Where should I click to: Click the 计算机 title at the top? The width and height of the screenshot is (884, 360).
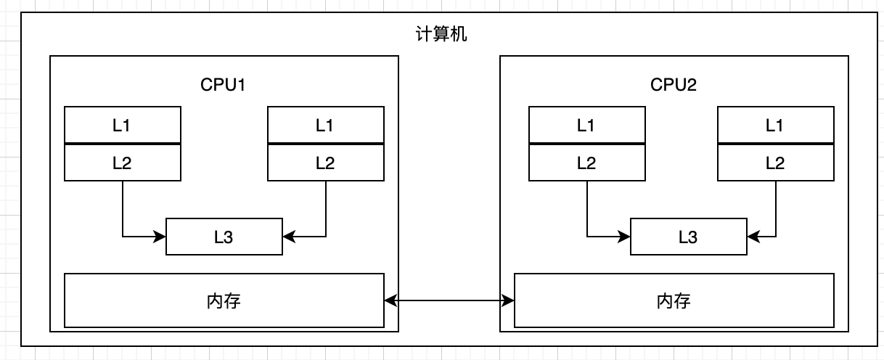tap(441, 34)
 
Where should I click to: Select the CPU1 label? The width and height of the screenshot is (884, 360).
tap(224, 84)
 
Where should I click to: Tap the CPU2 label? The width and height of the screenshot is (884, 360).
tap(674, 84)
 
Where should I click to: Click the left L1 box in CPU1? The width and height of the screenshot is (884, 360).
tap(122, 126)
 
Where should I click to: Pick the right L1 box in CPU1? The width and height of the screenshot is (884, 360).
tap(325, 126)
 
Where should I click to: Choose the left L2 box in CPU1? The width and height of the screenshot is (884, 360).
tap(122, 163)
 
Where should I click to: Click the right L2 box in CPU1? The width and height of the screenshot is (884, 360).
tap(325, 163)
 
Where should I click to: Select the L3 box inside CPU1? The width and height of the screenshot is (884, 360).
tap(224, 237)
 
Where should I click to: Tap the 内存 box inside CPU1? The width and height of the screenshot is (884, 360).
tap(224, 300)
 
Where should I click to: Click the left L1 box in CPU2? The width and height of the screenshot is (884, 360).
tap(586, 126)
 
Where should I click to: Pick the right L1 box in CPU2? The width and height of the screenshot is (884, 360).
tap(775, 126)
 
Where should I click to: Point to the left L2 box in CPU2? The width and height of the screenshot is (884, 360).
tap(586, 163)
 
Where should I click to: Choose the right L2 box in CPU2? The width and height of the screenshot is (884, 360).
tap(775, 163)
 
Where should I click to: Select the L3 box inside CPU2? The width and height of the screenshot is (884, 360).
tap(688, 237)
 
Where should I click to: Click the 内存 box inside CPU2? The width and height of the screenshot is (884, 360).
tap(674, 300)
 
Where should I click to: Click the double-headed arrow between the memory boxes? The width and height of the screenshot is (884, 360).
tap(449, 300)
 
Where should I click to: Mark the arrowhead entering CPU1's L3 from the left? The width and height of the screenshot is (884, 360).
tap(160, 236)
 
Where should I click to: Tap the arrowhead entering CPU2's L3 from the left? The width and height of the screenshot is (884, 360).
tap(625, 236)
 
